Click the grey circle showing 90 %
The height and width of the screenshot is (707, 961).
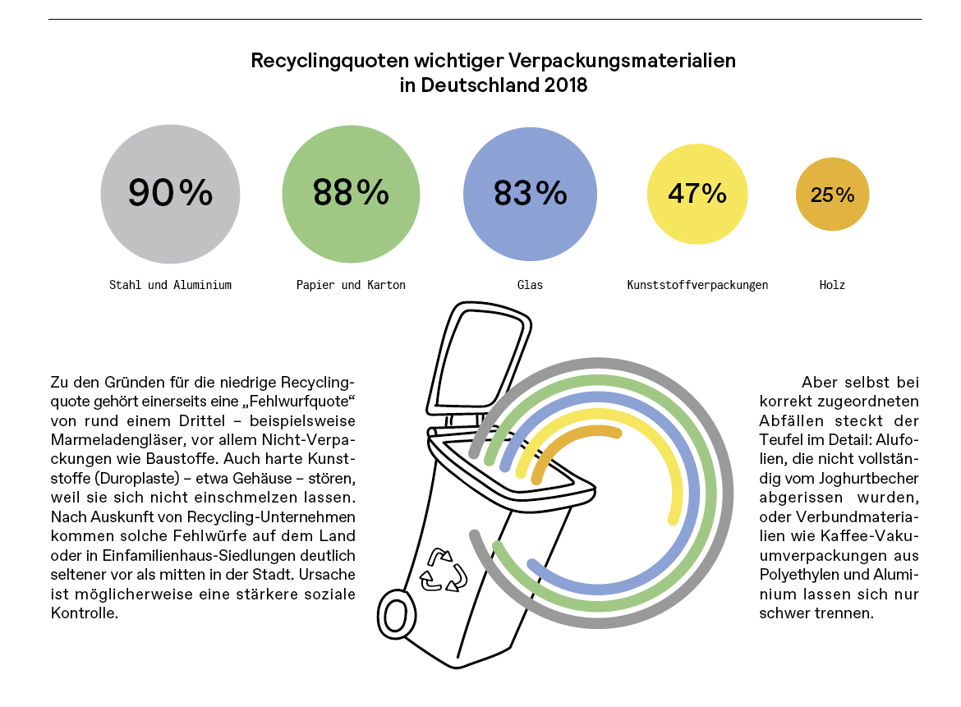point(170,194)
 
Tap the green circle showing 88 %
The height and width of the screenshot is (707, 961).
point(352,194)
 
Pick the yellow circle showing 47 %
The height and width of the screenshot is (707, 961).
point(697,194)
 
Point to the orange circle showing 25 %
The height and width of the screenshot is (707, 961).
point(832,195)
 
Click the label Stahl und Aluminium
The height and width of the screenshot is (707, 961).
point(170,285)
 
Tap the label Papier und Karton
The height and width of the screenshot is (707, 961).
point(351,285)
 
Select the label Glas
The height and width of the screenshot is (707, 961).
point(530,285)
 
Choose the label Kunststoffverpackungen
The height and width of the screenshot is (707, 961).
point(697,285)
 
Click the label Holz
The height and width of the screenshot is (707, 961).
point(832,285)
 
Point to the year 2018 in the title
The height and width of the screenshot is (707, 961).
point(565,85)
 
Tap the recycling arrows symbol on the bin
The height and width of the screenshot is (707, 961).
point(442,569)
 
